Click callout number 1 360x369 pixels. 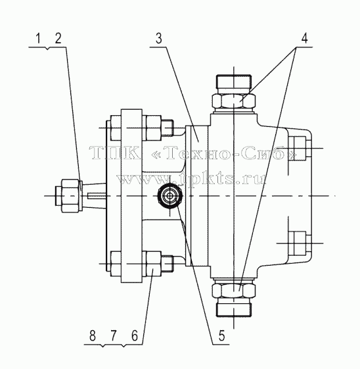coord(38,38)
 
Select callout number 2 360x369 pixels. coord(58,38)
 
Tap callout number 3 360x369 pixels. coord(159,38)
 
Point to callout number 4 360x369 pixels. coord(304,38)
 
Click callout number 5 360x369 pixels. coord(222,335)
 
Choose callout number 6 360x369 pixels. coord(135,335)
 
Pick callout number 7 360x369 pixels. coord(114,335)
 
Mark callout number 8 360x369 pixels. coord(93,335)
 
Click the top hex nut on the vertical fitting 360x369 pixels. coord(234,101)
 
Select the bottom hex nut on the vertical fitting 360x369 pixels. coord(234,291)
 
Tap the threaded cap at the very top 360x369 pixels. coord(234,84)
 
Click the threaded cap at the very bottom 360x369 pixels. coord(234,307)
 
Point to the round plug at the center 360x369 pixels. coord(170,195)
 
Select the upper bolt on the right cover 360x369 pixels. coord(300,149)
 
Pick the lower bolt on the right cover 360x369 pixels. coord(300,243)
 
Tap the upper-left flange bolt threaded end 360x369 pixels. coord(168,128)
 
